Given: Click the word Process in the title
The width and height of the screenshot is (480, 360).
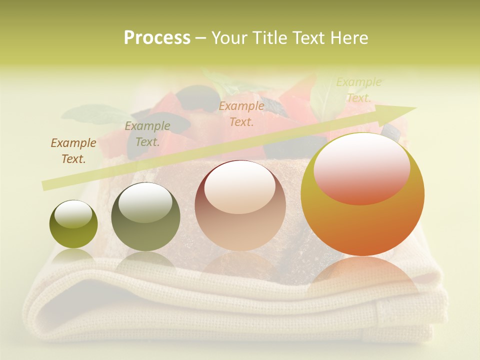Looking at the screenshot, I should pos(157,38).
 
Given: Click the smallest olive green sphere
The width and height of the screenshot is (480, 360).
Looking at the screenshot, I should pos(73,224).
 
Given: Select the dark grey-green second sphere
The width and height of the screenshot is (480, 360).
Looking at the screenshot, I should pos(145,217).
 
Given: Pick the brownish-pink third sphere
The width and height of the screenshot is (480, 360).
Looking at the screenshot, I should pos(240,206).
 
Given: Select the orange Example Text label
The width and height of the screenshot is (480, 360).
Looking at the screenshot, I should pos(241,114).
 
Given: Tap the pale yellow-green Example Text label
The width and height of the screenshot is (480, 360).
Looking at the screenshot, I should pos(358,90).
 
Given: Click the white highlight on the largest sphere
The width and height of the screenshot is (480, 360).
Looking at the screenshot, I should pos(362,167).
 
